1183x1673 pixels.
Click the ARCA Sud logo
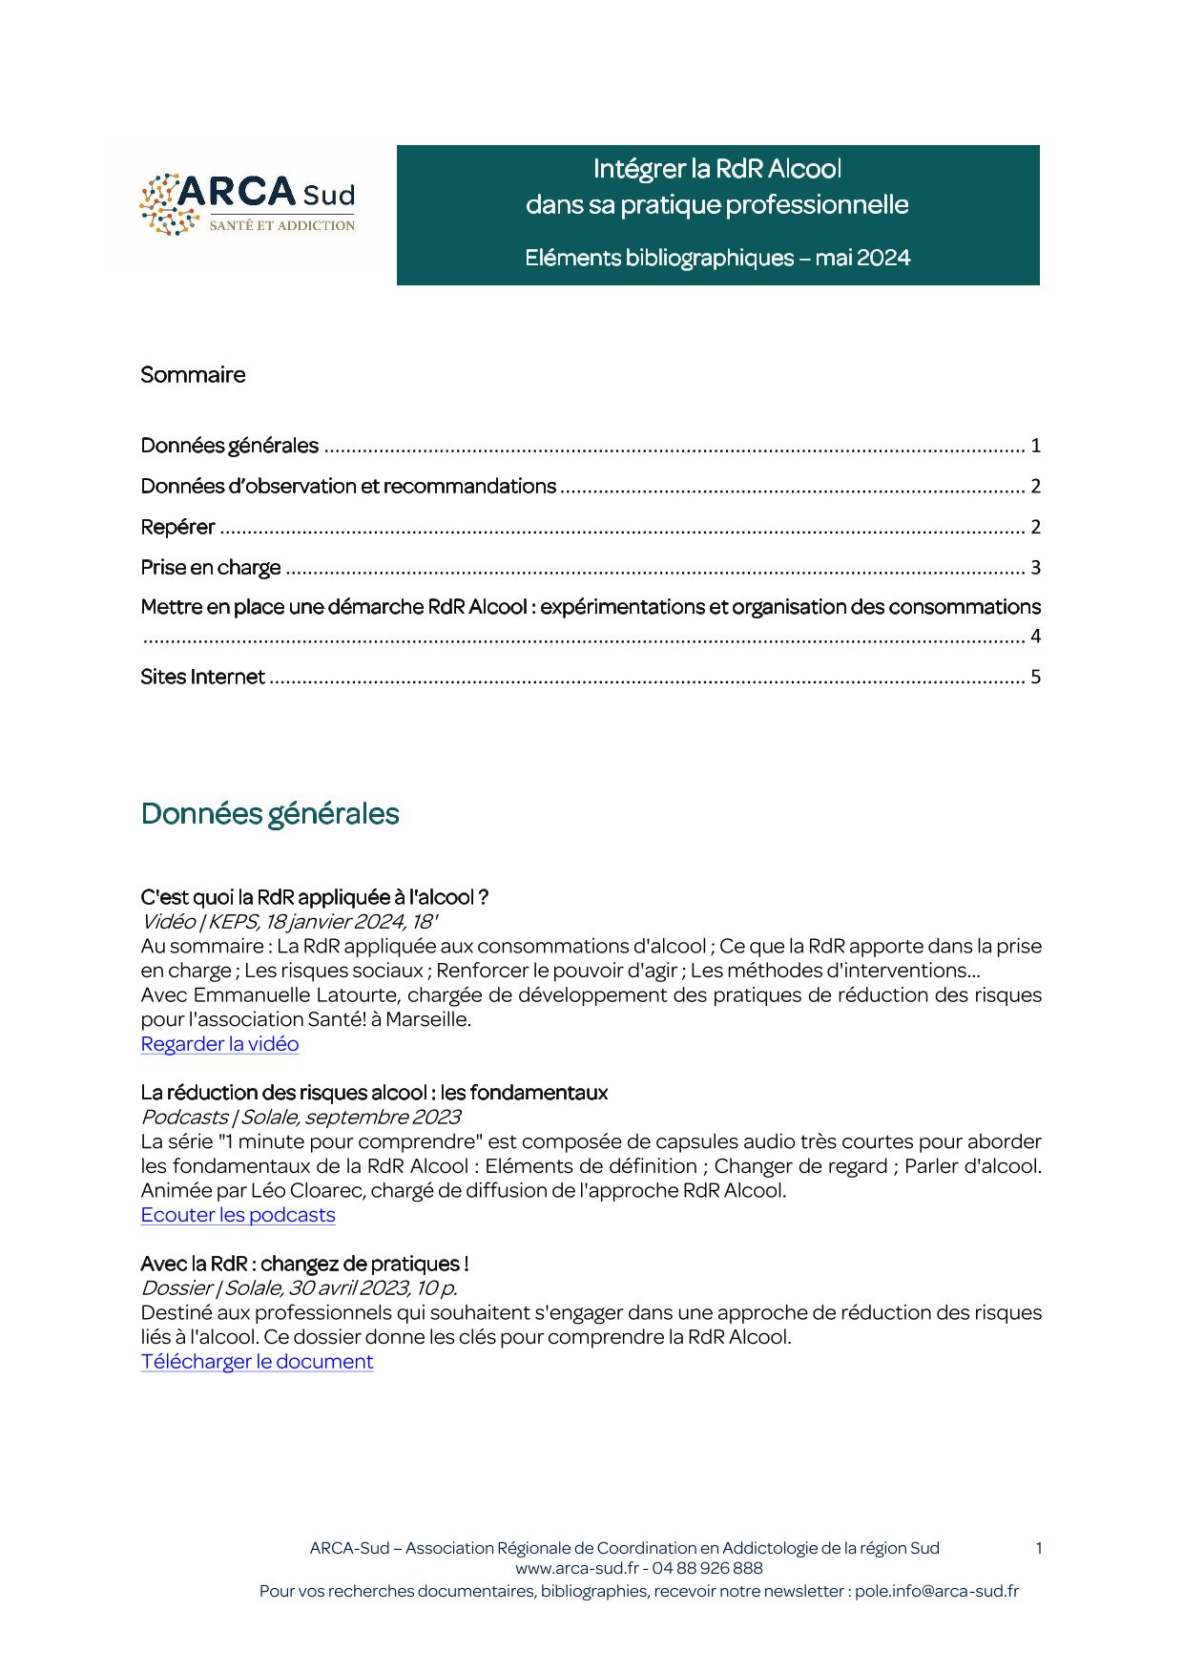pyautogui.click(x=247, y=204)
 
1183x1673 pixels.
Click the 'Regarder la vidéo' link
pyautogui.click(x=219, y=1044)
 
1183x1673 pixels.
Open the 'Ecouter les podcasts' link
pyautogui.click(x=238, y=1215)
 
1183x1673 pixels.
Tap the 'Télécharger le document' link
pyautogui.click(x=257, y=1362)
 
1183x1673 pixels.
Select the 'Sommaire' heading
pyautogui.click(x=193, y=375)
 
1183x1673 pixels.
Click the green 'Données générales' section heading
pyautogui.click(x=270, y=814)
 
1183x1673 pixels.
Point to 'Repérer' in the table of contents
pyautogui.click(x=177, y=527)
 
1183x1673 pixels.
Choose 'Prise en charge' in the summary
pyautogui.click(x=211, y=568)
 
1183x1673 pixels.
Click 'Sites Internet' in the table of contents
pyautogui.click(x=202, y=678)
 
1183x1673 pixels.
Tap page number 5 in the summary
pyautogui.click(x=1035, y=678)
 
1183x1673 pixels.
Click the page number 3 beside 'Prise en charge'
pyautogui.click(x=1035, y=568)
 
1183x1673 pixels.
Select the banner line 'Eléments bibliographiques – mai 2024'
pyautogui.click(x=717, y=258)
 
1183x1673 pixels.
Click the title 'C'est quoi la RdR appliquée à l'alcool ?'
pyautogui.click(x=314, y=897)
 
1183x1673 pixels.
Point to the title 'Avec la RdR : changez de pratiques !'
pyautogui.click(x=304, y=1265)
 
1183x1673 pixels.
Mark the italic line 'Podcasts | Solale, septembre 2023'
pyautogui.click(x=301, y=1117)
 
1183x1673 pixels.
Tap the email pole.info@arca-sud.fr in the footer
pyautogui.click(x=936, y=1591)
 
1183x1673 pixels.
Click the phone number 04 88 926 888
pyautogui.click(x=707, y=1568)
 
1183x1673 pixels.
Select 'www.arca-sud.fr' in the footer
pyautogui.click(x=576, y=1568)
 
